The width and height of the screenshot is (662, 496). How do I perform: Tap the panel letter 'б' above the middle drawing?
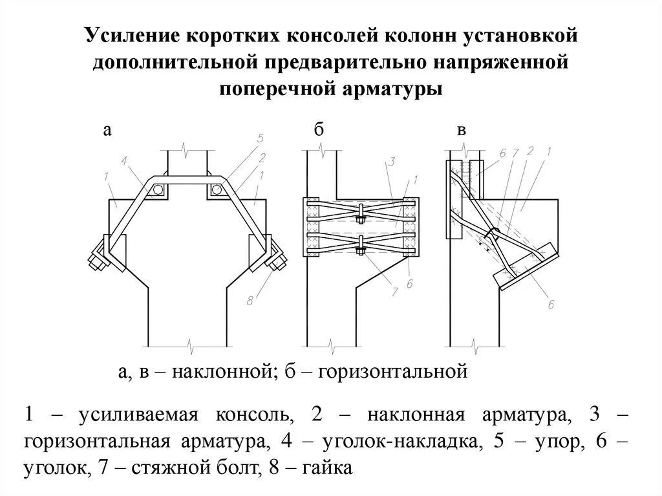pyautogui.click(x=318, y=130)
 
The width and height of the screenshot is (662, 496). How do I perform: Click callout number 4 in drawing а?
pyautogui.click(x=123, y=160)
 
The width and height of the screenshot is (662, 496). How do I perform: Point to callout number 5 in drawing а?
pyautogui.click(x=260, y=138)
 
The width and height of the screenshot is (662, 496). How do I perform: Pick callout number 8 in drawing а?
pyautogui.click(x=250, y=300)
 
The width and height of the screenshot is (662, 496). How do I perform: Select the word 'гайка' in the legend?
pyautogui.click(x=328, y=468)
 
